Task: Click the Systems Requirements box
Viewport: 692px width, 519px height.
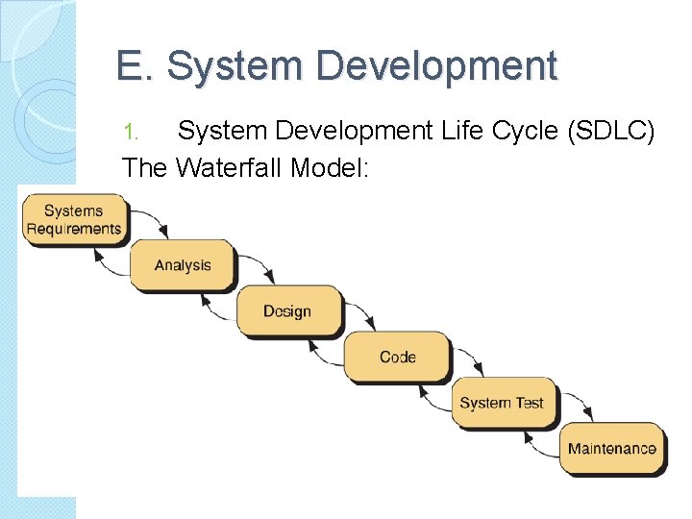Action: tap(74, 219)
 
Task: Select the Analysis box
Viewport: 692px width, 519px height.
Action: tap(182, 264)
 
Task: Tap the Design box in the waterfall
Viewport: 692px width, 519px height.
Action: tap(288, 310)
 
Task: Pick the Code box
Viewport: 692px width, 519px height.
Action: tap(397, 357)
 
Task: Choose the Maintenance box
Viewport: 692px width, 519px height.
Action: tap(611, 448)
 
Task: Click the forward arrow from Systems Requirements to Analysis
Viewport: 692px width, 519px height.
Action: tap(151, 220)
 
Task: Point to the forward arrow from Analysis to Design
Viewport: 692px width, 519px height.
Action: tap(257, 266)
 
